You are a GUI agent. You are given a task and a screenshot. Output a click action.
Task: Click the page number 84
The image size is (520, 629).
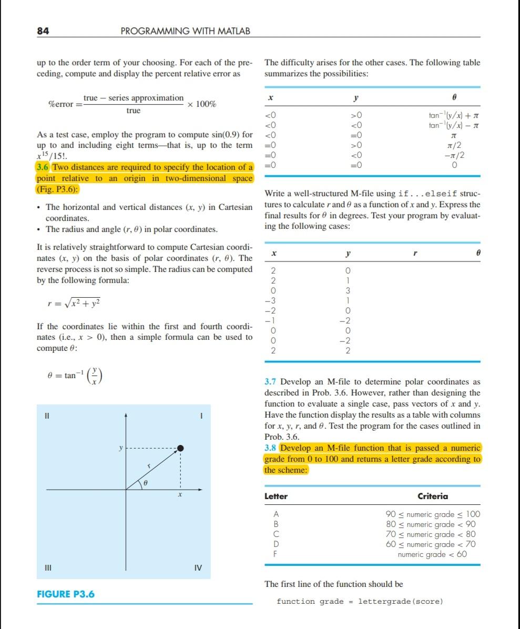coord(43,31)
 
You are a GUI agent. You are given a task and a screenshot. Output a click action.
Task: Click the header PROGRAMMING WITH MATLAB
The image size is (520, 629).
coord(186,31)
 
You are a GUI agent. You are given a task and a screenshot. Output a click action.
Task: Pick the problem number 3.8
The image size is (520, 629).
coord(271,448)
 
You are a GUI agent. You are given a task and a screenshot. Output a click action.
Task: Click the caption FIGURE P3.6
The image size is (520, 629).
coord(65,594)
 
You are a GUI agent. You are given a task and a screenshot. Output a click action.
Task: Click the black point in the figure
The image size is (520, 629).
coord(180,448)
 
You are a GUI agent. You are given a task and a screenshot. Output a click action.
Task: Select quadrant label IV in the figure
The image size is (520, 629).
coord(198,568)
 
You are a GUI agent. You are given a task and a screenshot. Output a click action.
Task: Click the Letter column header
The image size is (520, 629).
coord(276,496)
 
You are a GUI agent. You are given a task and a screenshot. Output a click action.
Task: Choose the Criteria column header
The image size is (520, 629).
coord(433,496)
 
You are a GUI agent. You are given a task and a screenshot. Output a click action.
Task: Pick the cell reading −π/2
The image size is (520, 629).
coord(455,155)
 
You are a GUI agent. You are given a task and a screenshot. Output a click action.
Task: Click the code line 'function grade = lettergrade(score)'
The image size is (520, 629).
coord(360,601)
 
